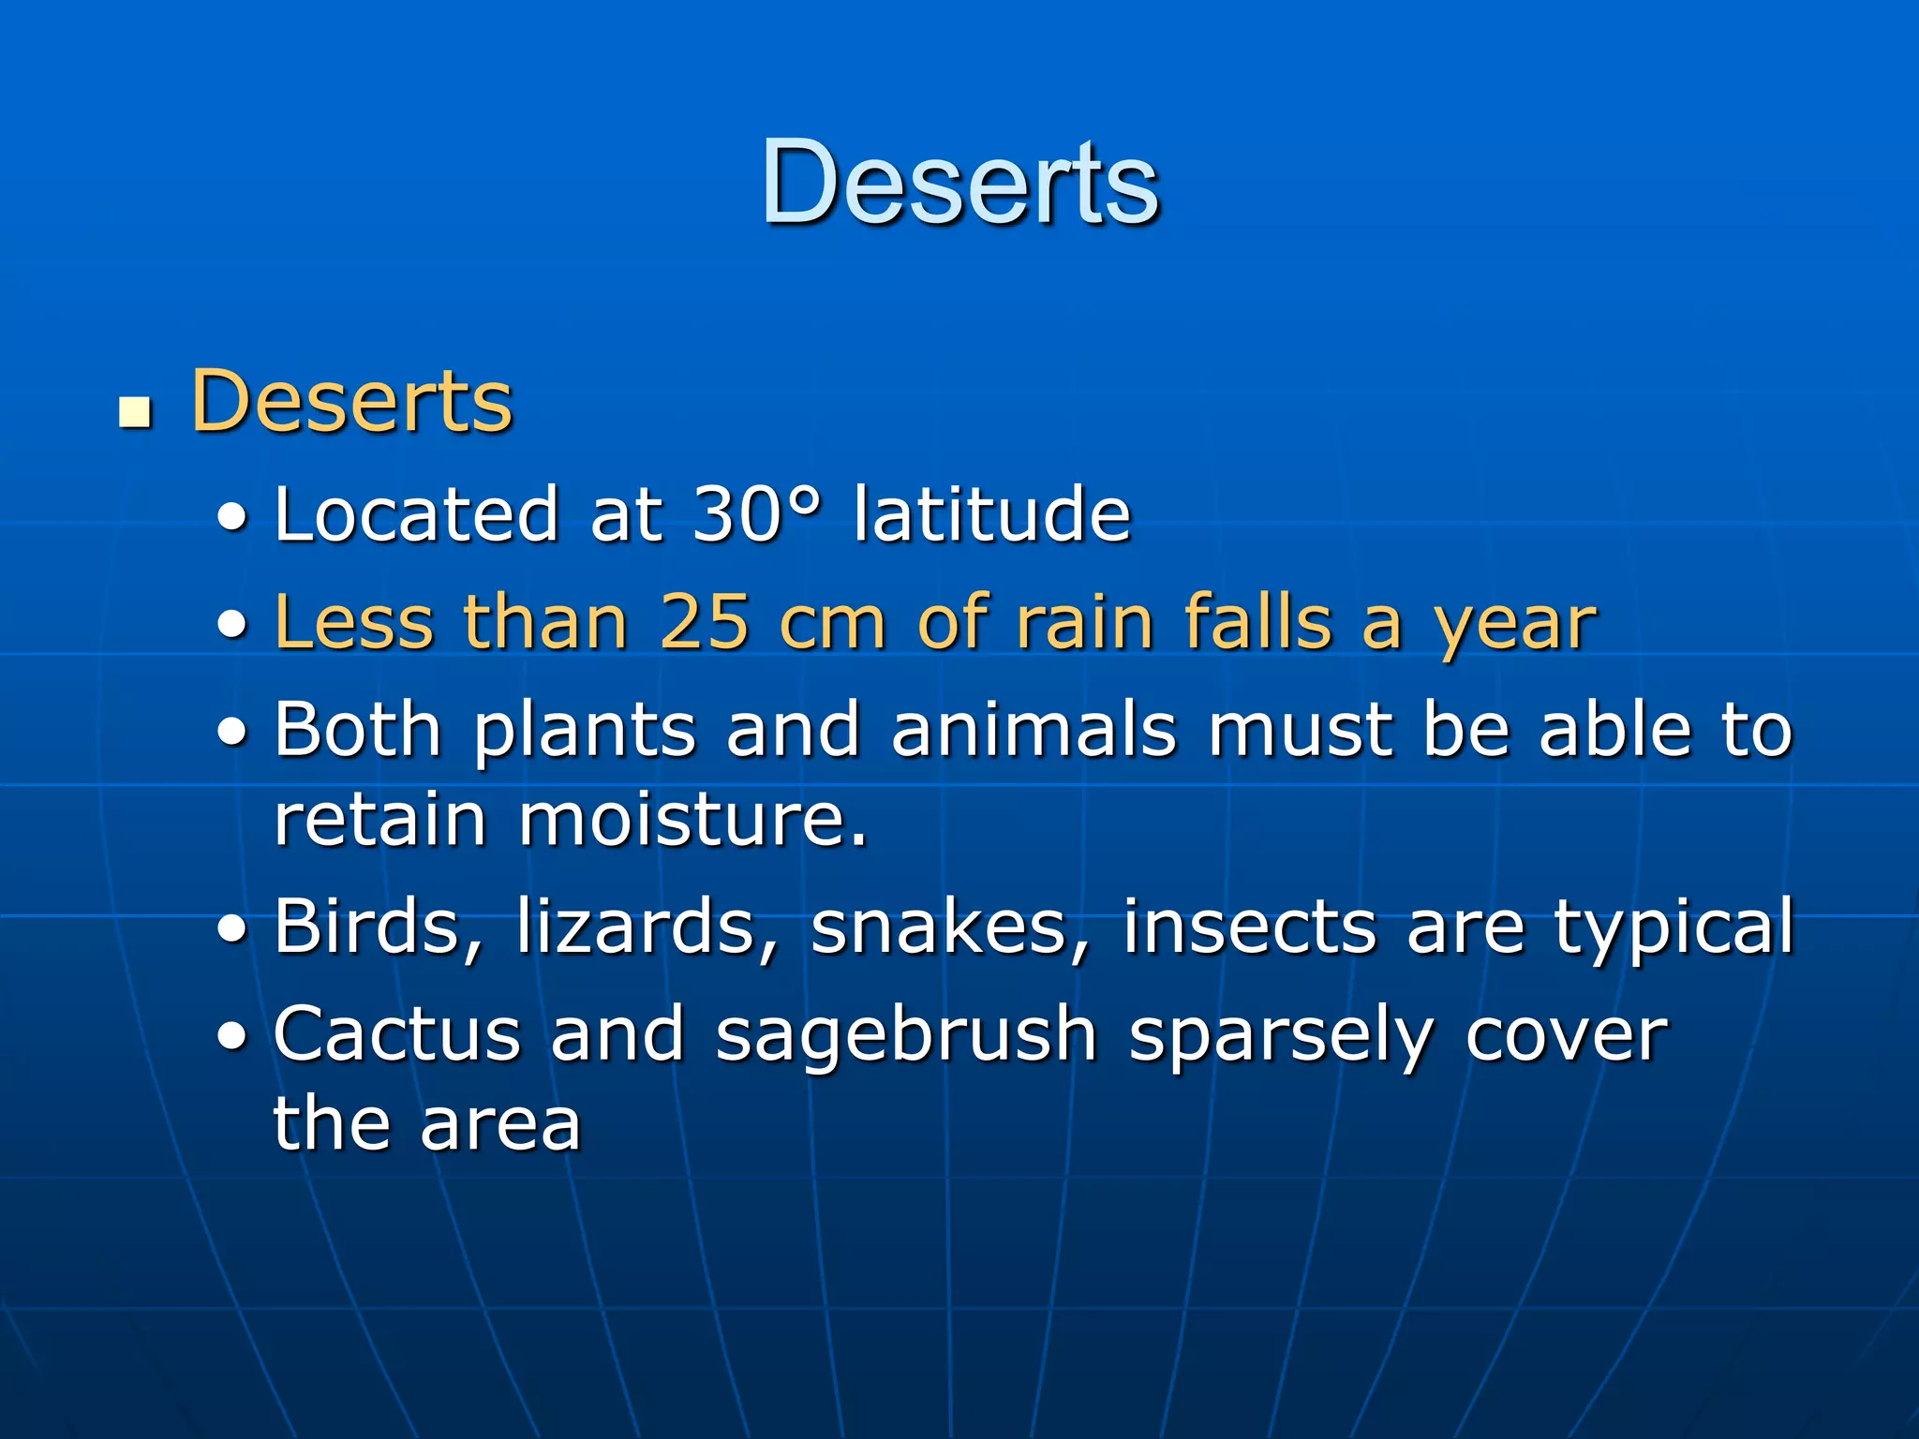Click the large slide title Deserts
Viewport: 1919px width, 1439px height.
coord(960,182)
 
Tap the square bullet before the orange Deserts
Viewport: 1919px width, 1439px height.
coord(137,412)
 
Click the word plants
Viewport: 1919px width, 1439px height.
coord(585,731)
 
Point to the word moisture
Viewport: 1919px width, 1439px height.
coord(693,820)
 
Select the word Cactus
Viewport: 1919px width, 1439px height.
coord(396,1034)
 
